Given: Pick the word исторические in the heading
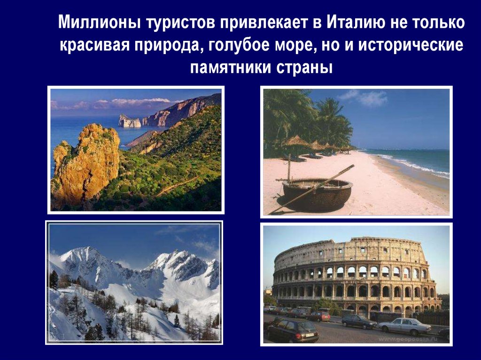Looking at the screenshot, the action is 411,45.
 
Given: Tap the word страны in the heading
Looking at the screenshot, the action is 304,68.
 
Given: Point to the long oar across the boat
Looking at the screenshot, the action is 312,189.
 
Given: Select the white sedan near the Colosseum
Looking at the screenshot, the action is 404,326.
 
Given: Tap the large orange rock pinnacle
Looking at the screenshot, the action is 87,162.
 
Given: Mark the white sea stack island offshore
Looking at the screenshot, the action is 130,121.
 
